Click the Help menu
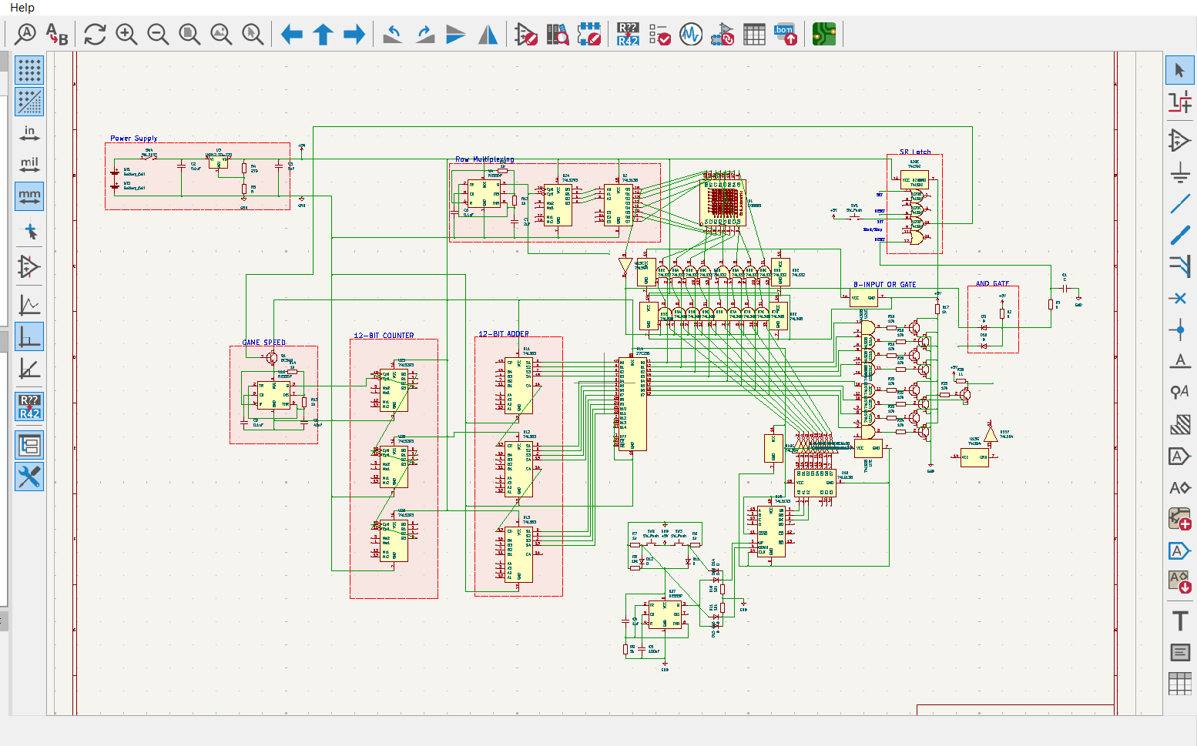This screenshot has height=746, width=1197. (x=22, y=8)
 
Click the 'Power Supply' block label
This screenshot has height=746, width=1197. (x=133, y=139)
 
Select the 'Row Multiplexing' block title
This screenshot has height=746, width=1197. (x=484, y=159)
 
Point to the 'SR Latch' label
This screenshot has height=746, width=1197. (x=915, y=152)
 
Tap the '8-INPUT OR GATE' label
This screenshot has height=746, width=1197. (x=884, y=284)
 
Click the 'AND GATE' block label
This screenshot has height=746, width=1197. (x=992, y=283)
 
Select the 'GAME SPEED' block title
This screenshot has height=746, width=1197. (x=263, y=343)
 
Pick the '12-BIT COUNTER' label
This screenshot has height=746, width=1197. (x=384, y=336)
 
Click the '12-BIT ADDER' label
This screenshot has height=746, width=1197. (x=504, y=334)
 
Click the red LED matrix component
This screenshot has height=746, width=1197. (x=723, y=202)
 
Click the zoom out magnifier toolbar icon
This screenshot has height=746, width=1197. (x=158, y=35)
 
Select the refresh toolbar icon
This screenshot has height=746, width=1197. (x=95, y=35)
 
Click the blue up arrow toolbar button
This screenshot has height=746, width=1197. (x=323, y=35)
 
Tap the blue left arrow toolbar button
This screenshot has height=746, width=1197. (x=291, y=35)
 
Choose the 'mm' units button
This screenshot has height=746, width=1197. (x=29, y=197)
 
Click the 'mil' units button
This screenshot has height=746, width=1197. (x=29, y=165)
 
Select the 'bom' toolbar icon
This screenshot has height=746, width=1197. (x=786, y=35)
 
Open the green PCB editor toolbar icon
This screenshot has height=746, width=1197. (x=823, y=35)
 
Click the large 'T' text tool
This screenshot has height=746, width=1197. (x=1179, y=621)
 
